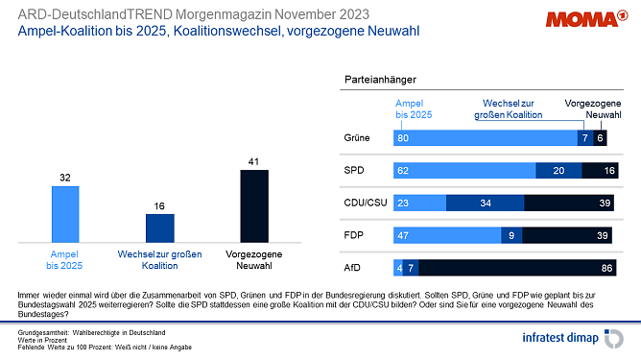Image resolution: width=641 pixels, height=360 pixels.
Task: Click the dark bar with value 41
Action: tap(253, 205)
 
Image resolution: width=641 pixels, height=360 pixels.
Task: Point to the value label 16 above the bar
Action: tap(159, 204)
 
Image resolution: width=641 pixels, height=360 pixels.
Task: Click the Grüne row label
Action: tap(357, 138)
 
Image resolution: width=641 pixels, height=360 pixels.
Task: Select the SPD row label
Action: tap(354, 170)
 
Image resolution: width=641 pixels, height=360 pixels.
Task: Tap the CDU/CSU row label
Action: tap(364, 203)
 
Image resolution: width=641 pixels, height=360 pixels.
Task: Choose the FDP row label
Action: tap(354, 234)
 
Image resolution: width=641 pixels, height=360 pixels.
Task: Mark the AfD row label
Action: tap(353, 266)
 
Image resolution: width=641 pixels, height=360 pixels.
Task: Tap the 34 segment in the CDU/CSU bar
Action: tap(486, 203)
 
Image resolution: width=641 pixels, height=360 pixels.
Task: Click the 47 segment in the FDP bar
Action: tap(447, 234)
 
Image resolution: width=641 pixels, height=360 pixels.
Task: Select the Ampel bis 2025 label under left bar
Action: tap(64, 258)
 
